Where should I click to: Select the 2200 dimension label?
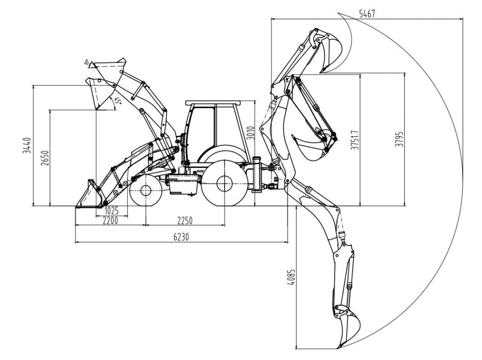coord(110,220)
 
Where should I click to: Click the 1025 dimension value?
coord(111,210)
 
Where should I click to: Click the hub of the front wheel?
coord(145,191)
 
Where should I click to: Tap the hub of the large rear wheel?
coord(224,184)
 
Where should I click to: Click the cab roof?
coord(213,103)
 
